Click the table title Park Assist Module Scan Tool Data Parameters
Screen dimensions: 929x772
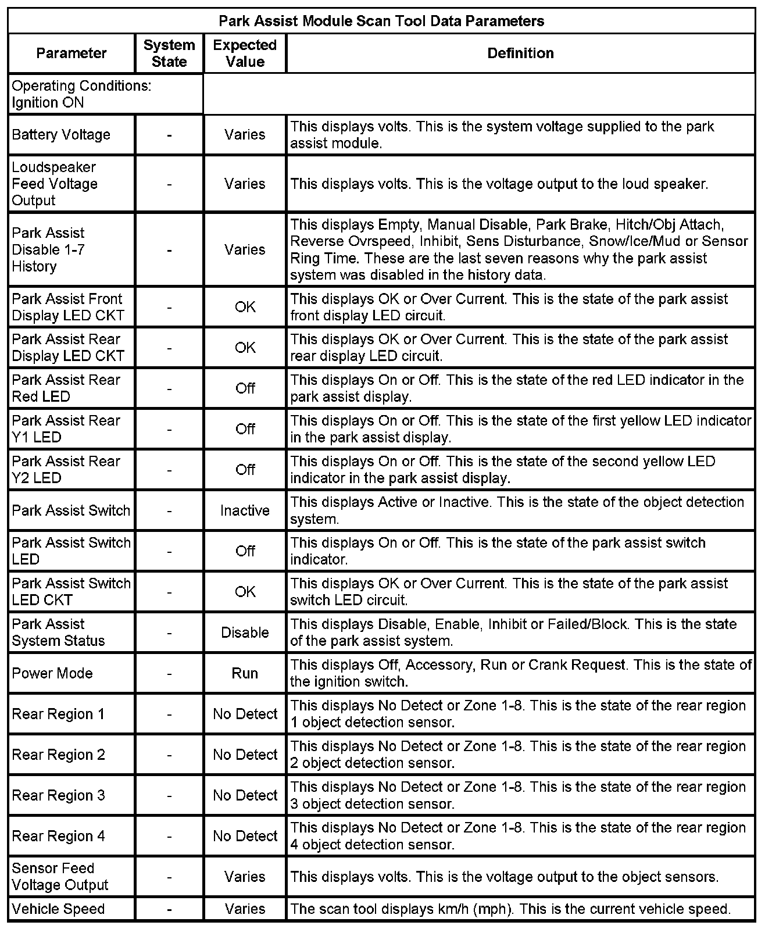[381, 21]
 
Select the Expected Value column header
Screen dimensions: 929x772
[245, 53]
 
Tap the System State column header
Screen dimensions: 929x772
[169, 53]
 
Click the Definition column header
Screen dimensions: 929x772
[520, 53]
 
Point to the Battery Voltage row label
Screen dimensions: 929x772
[61, 135]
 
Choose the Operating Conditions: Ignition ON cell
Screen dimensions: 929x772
[81, 94]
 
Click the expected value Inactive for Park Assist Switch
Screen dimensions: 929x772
[245, 510]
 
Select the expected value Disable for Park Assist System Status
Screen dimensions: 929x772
[245, 633]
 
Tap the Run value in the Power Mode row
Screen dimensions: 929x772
[245, 673]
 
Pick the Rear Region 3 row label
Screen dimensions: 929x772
[59, 795]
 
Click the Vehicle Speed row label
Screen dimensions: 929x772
[58, 909]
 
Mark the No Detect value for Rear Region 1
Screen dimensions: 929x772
[245, 714]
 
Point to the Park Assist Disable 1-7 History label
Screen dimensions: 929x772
[48, 249]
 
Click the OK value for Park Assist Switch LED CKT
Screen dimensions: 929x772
[245, 592]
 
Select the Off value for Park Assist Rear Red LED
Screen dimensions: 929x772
[245, 388]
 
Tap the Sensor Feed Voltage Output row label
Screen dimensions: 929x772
[60, 877]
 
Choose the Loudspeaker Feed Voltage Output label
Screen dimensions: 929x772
[55, 184]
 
